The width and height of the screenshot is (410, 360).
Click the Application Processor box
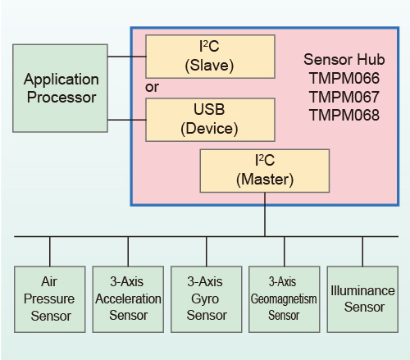[60, 89]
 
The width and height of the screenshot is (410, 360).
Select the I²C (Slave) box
[210, 57]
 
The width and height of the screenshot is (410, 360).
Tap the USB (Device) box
[210, 120]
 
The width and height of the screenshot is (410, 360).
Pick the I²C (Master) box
[265, 171]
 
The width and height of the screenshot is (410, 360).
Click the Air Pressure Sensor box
[50, 299]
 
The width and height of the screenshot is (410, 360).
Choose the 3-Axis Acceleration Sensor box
[128, 299]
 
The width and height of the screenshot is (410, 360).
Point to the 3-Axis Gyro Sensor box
[207, 299]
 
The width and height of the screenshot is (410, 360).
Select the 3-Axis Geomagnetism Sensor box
[285, 299]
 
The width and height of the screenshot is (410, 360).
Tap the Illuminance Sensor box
[362, 299]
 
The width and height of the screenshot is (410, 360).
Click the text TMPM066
[344, 78]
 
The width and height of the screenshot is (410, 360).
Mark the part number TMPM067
[344, 97]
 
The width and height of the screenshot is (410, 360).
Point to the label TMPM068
[344, 115]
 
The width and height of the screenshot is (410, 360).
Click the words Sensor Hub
[344, 59]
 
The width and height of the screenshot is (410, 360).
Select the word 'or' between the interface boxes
[152, 88]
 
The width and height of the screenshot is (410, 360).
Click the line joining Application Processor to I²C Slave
[127, 57]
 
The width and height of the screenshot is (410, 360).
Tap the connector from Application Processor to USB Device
[127, 120]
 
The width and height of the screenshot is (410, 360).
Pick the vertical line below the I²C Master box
[265, 214]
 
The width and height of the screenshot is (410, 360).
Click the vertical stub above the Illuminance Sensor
[362, 252]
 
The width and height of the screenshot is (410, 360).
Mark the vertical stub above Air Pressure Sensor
[50, 252]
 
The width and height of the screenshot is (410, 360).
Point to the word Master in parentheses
[265, 180]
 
